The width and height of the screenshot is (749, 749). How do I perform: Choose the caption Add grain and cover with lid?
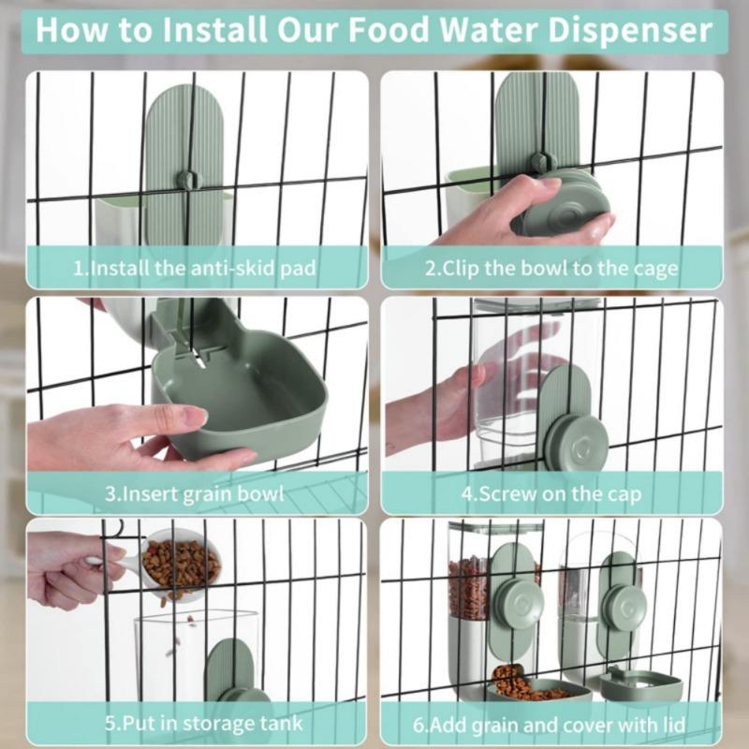point(552,724)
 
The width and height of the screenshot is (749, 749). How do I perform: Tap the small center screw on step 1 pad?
point(190,178)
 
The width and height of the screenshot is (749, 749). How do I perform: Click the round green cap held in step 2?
point(562,206)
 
